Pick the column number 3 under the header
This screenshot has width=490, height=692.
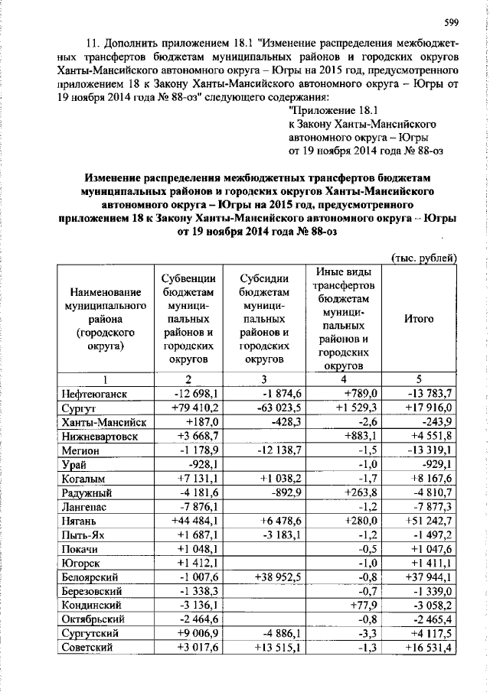263,379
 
